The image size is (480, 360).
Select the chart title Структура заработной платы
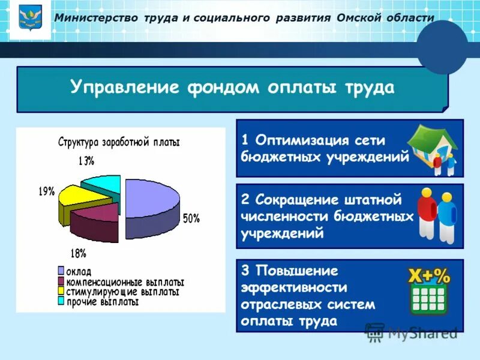coord(119,143)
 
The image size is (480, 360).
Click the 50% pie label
coord(191,219)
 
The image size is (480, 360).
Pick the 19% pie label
coord(47,191)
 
